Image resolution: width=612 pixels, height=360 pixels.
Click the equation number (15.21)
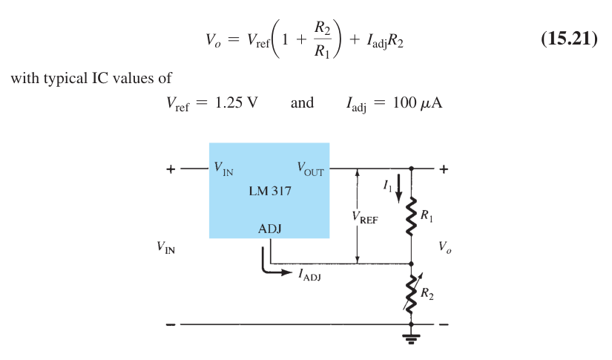point(569,39)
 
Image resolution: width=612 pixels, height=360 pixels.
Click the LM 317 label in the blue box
point(270,191)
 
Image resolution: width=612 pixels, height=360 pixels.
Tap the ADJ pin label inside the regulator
point(270,229)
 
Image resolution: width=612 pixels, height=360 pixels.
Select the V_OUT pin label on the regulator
point(310,169)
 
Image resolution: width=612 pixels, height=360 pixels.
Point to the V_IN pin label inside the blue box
point(223,168)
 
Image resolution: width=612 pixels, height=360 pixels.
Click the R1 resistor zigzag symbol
point(411,217)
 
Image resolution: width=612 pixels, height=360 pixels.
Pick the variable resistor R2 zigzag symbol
point(412,293)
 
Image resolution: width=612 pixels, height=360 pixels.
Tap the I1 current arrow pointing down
point(398,189)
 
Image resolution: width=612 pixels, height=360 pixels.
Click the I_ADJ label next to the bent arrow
point(310,275)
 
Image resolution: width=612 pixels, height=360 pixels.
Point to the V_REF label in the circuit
point(365,217)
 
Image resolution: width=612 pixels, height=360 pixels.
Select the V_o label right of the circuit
point(444,246)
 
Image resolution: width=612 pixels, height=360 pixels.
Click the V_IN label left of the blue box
point(166,247)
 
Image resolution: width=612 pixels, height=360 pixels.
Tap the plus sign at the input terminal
point(171,169)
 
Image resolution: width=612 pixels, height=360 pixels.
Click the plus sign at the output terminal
point(444,169)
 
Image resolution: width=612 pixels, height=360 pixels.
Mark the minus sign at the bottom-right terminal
point(444,324)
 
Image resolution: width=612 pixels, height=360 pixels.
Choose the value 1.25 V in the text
point(237,102)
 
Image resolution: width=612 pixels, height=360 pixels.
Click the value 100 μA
point(417,103)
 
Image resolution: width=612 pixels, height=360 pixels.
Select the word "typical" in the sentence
point(65,79)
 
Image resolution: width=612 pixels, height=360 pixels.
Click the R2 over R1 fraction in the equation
point(323,39)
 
